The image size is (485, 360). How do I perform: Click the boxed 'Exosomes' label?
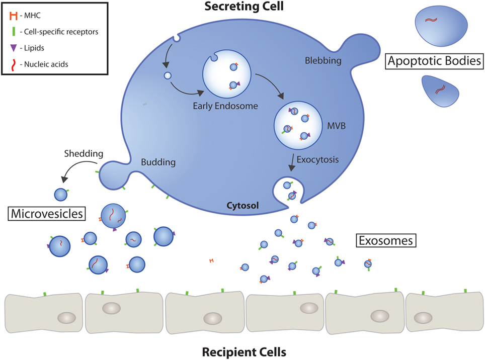[x=385, y=241]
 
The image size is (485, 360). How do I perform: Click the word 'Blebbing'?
[x=324, y=61]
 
